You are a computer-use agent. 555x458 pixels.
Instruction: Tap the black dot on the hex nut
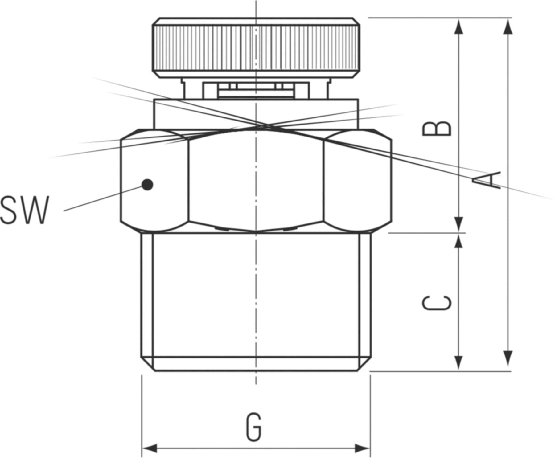(147, 185)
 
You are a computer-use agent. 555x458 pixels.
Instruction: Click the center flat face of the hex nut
(256, 180)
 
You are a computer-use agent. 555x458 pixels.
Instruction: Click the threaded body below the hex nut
(256, 296)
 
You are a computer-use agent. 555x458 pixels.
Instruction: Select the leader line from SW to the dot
(102, 199)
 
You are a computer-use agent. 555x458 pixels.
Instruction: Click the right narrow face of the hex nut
(358, 180)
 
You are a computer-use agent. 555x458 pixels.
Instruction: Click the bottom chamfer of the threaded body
(256, 364)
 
